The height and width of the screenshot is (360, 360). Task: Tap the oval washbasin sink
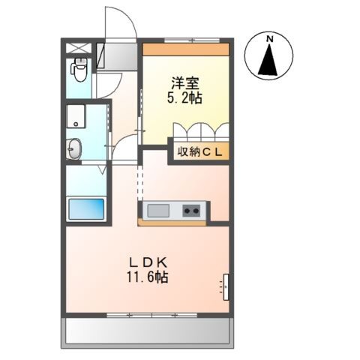[74, 148]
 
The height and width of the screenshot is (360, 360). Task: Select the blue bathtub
[86, 208]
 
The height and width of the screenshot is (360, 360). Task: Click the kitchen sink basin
[158, 211]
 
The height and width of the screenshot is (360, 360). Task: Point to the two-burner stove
[191, 211]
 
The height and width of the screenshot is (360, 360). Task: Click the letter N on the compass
[269, 39]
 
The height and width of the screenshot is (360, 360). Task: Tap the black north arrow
[269, 59]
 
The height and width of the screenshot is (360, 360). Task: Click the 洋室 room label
[185, 84]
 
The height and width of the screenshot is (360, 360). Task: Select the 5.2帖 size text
[184, 97]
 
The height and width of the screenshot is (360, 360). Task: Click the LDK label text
[148, 263]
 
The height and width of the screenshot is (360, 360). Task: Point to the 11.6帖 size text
[148, 277]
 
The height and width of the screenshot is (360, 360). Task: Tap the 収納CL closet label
[199, 151]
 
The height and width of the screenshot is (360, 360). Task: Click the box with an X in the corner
[78, 48]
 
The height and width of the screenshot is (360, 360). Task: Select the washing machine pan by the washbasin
[76, 116]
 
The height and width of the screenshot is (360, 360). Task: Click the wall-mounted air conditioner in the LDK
[226, 286]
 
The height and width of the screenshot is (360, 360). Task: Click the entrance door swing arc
[130, 17]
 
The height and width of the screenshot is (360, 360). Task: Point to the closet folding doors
[201, 130]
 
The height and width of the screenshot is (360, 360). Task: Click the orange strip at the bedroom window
[186, 49]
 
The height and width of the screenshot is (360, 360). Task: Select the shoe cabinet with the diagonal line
[100, 55]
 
